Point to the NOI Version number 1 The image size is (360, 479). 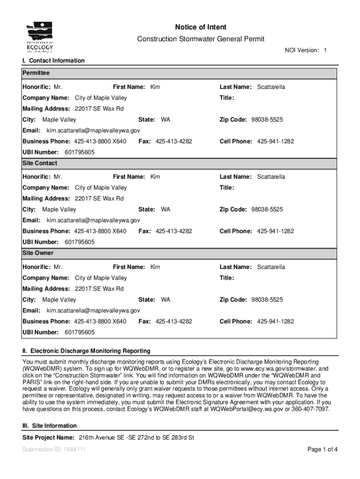pos(325,50)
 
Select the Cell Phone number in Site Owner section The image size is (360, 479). pos(275,321)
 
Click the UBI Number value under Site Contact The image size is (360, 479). pos(79,242)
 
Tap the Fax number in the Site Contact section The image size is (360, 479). pos(173,231)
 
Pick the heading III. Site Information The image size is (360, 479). pos(50,426)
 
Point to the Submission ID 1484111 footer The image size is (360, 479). pos(54,450)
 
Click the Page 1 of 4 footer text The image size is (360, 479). pos(322,450)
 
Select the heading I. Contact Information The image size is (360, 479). pos(54,60)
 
